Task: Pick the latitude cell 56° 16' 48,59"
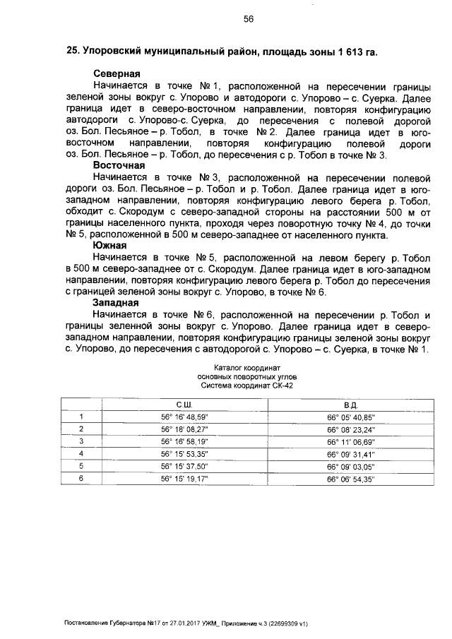pyautogui.click(x=185, y=417)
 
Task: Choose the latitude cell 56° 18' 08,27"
pyautogui.click(x=185, y=429)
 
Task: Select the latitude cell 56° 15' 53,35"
pyautogui.click(x=185, y=453)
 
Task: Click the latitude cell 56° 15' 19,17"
pyautogui.click(x=185, y=478)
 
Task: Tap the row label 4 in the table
pyautogui.click(x=81, y=453)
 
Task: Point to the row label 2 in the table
pyautogui.click(x=81, y=429)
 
